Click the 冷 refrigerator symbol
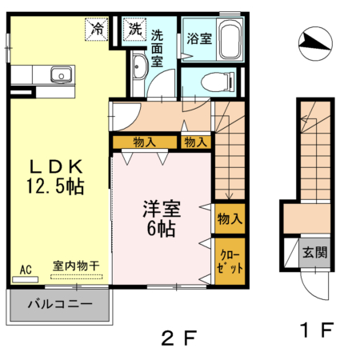pos(98,30)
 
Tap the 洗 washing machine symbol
pos(134,30)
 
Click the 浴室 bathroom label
pos(199,38)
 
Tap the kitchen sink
pos(61,76)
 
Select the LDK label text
pos(56,167)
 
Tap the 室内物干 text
pos(77,265)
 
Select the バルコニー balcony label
pos(60,304)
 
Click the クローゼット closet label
pos(227,262)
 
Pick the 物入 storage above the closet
pos(227,218)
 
